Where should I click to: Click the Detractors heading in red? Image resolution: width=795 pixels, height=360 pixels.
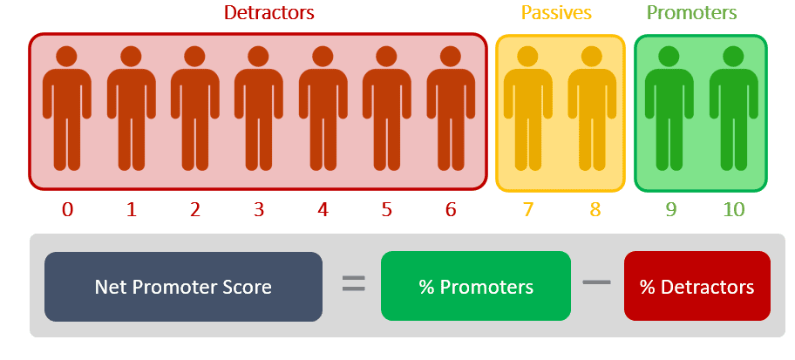269,13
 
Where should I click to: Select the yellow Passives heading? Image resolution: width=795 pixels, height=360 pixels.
556,13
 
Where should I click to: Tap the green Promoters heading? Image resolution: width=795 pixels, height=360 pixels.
692,13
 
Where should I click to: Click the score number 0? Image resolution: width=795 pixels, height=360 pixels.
67,209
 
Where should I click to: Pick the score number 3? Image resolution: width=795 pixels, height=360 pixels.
259,209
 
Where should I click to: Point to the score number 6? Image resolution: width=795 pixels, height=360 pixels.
451,209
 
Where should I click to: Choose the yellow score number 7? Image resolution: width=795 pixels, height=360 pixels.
528,209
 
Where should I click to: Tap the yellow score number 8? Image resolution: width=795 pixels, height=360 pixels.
595,209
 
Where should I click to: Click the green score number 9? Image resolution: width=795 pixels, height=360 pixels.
670,209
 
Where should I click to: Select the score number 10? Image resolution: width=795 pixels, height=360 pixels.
733,209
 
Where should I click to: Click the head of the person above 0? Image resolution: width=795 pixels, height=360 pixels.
67,57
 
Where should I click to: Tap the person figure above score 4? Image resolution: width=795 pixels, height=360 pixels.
323,108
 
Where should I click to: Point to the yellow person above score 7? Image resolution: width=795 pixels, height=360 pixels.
528,108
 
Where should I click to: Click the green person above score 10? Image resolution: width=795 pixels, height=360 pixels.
733,108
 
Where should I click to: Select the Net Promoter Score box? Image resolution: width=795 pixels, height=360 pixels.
184,287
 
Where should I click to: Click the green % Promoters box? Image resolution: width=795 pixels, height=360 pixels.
476,286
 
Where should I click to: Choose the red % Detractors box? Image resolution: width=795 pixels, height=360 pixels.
697,286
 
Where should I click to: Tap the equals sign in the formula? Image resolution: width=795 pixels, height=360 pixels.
353,283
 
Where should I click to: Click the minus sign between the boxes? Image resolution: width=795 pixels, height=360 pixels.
597,282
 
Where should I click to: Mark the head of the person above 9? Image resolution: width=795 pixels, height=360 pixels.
669,57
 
